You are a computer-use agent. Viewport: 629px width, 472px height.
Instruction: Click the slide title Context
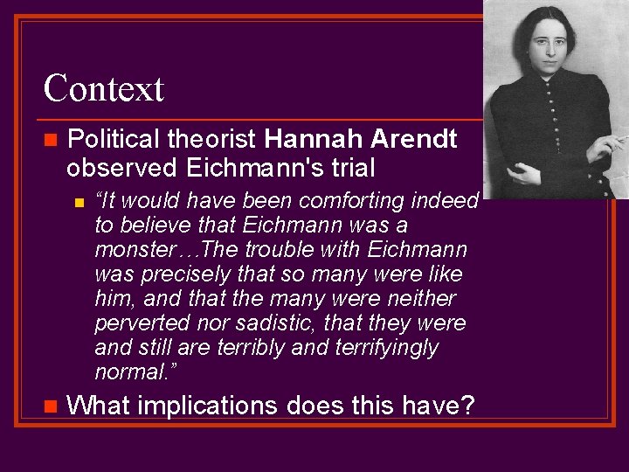[x=103, y=88]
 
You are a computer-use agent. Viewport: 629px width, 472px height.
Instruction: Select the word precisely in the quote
[x=183, y=274]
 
